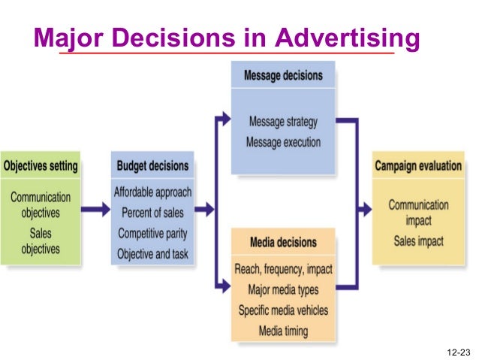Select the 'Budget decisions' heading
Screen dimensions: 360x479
(x=152, y=165)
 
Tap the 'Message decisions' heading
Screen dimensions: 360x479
(x=283, y=76)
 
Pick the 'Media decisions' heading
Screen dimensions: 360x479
(x=283, y=243)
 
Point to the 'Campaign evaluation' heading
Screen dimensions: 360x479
(x=418, y=165)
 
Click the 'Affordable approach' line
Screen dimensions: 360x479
(x=152, y=192)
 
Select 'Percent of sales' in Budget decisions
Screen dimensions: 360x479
(x=152, y=213)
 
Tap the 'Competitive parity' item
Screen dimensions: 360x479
(x=152, y=233)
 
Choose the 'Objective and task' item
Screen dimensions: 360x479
(x=152, y=253)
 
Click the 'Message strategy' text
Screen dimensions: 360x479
(x=283, y=122)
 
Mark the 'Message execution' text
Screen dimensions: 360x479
(x=283, y=141)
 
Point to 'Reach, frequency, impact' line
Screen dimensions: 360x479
(x=283, y=269)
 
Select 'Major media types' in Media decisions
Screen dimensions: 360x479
(x=283, y=289)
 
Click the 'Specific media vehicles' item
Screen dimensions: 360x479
(x=283, y=310)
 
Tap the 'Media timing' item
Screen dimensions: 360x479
(x=283, y=330)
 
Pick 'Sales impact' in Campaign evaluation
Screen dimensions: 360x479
(x=418, y=241)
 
